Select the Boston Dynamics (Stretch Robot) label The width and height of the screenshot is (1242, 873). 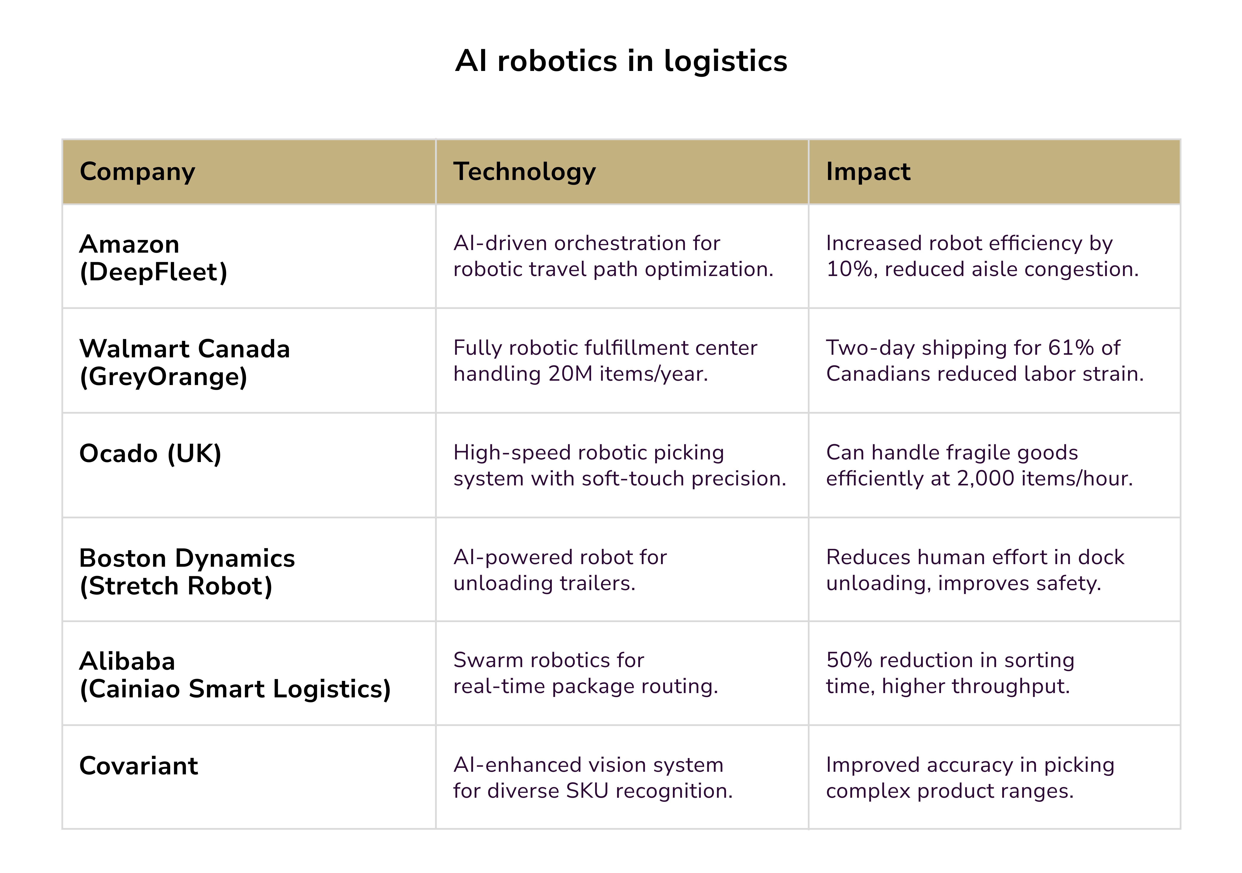pyautogui.click(x=187, y=571)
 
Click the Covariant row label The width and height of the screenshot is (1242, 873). pyautogui.click(x=138, y=766)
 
